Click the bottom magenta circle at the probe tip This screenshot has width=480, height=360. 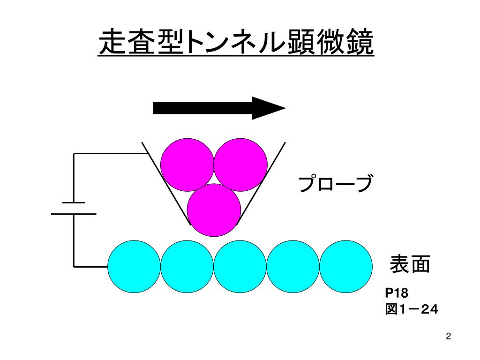coord(214,210)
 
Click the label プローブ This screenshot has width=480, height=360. coord(336,184)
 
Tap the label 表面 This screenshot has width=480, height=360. coord(410,265)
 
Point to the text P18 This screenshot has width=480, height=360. coord(397,293)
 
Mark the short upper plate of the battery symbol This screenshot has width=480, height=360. coord(74,202)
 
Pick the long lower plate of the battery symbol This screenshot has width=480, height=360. coord(74,214)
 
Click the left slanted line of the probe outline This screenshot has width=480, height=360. coord(166,183)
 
